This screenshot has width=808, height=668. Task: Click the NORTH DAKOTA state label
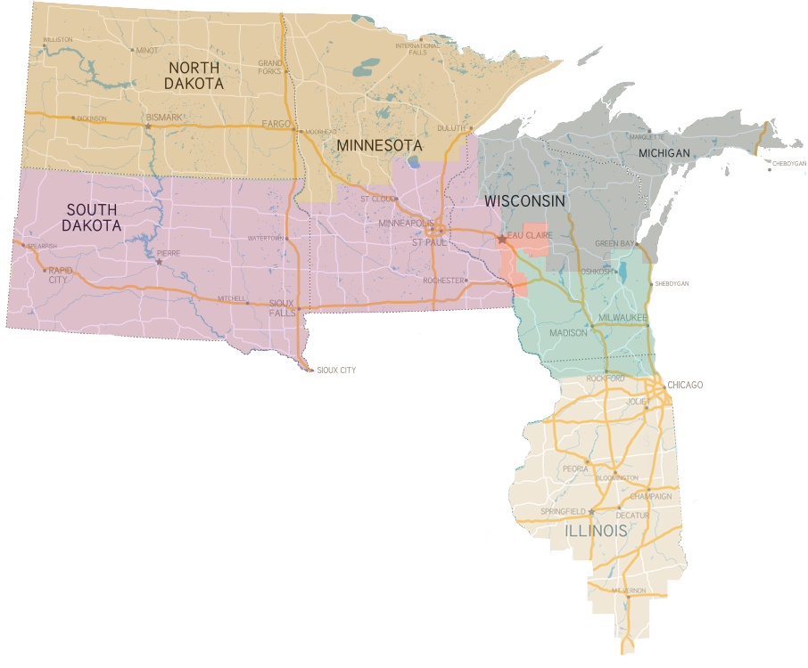194,75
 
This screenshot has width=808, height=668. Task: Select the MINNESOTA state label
378,144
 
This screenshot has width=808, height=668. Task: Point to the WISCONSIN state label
524,201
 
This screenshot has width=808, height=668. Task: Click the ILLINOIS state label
596,531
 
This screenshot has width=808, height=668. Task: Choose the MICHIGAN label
664,153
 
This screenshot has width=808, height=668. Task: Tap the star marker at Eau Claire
502,239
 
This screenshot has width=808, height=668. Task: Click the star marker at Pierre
159,261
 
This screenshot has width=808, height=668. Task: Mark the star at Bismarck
148,126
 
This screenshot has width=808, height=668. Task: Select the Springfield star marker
591,511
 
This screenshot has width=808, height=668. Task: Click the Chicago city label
685,384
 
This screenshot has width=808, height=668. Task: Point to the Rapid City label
58,274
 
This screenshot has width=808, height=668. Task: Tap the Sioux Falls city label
282,307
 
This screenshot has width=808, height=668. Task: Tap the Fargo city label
276,124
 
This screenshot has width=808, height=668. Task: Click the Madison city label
568,332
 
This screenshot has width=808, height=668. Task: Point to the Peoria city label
574,468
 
